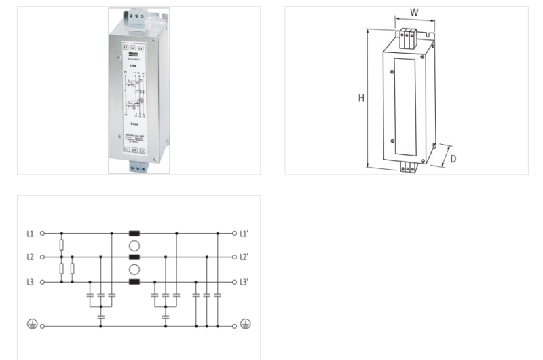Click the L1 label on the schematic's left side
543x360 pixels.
(x=30, y=233)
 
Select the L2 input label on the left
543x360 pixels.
(x=30, y=257)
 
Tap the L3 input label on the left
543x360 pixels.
(x=30, y=281)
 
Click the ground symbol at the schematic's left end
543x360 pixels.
(x=31, y=325)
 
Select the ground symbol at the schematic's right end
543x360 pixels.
(x=246, y=325)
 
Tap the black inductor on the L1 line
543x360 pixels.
(x=134, y=233)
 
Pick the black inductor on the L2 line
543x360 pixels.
(x=134, y=257)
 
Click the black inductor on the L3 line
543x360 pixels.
(x=134, y=281)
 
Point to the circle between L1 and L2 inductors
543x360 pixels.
(x=134, y=245)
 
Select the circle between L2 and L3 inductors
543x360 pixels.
(x=134, y=270)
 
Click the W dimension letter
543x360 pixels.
(x=415, y=13)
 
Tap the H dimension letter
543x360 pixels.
(x=361, y=98)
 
